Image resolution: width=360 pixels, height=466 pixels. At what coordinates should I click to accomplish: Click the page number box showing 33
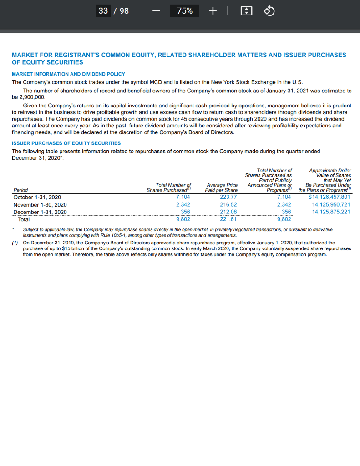(103, 10)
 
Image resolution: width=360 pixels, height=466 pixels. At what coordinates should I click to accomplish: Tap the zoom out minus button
(156, 11)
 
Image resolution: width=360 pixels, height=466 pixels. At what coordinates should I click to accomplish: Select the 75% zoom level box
(184, 11)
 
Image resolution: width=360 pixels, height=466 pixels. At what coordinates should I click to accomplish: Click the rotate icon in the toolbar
(269, 11)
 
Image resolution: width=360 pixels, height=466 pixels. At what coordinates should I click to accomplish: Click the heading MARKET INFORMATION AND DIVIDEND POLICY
(68, 74)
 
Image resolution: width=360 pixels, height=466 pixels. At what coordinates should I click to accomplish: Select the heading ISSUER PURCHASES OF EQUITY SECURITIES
(66, 143)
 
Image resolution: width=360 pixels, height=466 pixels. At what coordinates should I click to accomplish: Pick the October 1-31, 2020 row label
(37, 198)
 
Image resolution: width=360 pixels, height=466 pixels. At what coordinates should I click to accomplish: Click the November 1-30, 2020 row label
(40, 205)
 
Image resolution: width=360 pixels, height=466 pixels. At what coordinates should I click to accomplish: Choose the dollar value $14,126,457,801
(329, 198)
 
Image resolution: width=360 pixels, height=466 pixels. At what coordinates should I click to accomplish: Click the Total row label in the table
(24, 219)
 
